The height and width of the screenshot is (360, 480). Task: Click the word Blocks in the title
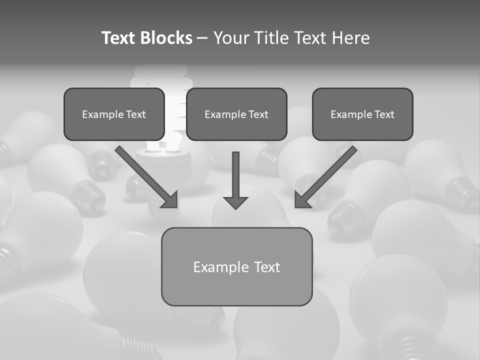pyautogui.click(x=166, y=38)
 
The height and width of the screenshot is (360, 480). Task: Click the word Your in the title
pyautogui.click(x=231, y=38)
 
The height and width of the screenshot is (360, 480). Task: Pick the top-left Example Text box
pyautogui.click(x=114, y=114)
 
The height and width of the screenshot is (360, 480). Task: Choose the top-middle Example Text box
pyautogui.click(x=236, y=114)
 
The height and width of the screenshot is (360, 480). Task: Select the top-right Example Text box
pyautogui.click(x=362, y=114)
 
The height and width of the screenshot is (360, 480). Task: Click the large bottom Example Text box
pyautogui.click(x=236, y=266)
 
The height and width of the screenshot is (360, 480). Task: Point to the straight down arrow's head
pyautogui.click(x=235, y=202)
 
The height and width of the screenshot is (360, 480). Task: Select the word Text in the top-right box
pyautogui.click(x=384, y=114)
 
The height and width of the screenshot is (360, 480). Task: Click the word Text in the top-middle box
pyautogui.click(x=258, y=114)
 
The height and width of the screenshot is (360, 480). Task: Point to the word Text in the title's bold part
pyautogui.click(x=118, y=38)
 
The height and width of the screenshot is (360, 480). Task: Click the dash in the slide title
pyautogui.click(x=202, y=38)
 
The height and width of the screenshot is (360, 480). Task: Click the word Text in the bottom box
pyautogui.click(x=266, y=267)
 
